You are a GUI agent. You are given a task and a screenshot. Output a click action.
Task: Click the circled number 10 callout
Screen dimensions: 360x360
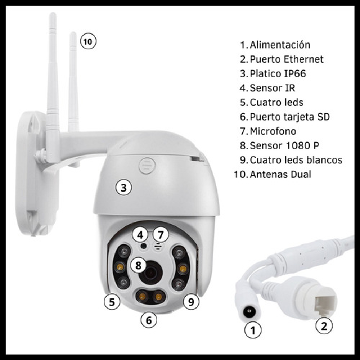[x=88, y=41]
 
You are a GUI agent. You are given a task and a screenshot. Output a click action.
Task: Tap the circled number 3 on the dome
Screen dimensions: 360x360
[x=124, y=187]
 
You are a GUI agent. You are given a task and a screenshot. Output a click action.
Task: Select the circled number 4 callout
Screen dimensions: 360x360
[x=140, y=234]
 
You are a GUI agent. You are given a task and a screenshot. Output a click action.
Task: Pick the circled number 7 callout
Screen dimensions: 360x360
[x=161, y=234]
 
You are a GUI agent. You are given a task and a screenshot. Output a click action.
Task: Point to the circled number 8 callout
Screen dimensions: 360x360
[x=139, y=265]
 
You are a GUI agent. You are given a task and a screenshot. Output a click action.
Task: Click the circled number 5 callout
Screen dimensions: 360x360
[x=112, y=301]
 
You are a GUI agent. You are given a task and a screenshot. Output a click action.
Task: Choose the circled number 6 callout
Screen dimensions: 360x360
[x=149, y=320]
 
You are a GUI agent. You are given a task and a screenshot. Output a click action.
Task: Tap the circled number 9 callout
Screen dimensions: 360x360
[x=191, y=301]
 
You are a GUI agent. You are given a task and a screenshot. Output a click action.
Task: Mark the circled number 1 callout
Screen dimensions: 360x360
[x=253, y=330]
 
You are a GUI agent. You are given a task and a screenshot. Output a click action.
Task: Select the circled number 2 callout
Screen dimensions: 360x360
[x=324, y=325]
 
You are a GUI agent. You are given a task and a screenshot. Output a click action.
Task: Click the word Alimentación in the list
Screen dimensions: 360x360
[x=280, y=45]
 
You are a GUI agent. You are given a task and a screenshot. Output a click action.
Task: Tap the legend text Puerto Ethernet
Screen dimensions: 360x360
[x=287, y=59]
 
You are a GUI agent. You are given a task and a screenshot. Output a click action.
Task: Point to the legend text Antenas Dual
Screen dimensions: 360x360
[x=280, y=174]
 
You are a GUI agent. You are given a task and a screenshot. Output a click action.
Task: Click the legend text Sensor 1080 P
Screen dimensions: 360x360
[x=284, y=145]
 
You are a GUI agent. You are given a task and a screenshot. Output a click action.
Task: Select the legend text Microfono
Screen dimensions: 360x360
[x=273, y=131]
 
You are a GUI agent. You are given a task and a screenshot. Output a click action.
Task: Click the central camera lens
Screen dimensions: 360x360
[x=151, y=273]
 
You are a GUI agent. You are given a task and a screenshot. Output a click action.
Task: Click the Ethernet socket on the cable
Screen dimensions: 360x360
[x=325, y=305]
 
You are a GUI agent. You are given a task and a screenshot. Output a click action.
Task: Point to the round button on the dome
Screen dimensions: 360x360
[x=147, y=166]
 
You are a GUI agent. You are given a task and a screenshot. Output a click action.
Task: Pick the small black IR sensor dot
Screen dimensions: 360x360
[x=144, y=246]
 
